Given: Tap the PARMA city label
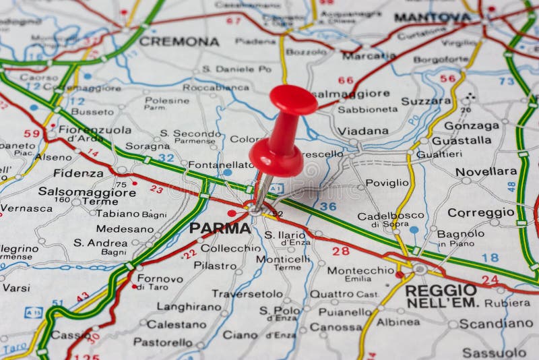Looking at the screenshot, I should [x=220, y=228].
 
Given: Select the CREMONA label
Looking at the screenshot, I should [x=179, y=42].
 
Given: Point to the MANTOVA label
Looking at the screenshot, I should [x=433, y=17].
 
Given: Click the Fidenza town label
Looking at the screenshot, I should [x=78, y=173].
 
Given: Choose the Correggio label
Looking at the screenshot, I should [x=480, y=212].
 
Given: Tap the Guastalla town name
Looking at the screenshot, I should [x=461, y=140].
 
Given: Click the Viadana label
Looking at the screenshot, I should [x=362, y=131].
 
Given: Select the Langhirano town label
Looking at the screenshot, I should [x=189, y=306].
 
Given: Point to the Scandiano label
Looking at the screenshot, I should [x=496, y=324].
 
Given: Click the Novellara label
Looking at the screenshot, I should [x=486, y=171].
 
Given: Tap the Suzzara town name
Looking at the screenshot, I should [x=426, y=101].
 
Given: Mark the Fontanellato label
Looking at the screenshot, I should [x=221, y=164].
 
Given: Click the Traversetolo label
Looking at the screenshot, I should [x=247, y=293].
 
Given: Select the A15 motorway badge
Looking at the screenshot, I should [x=33, y=312].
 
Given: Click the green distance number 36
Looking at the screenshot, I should [x=327, y=206].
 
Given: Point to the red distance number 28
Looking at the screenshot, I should [x=340, y=251].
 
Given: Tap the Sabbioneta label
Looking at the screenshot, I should [x=367, y=109].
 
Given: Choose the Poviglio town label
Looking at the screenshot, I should [x=387, y=183].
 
